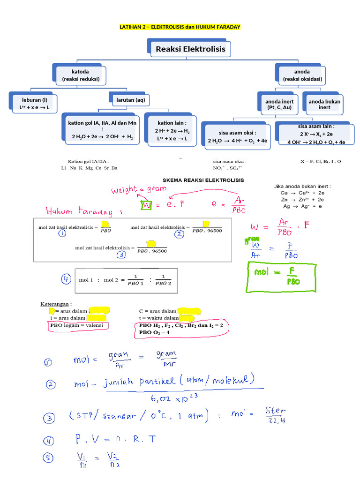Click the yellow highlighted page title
coord(180,27)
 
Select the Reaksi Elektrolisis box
coord(190,49)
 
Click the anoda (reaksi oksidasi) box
coord(302,75)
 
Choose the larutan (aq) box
coord(134,100)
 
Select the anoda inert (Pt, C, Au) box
coord(279,104)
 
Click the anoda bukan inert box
coord(324,104)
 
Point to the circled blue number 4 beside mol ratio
coord(66,279)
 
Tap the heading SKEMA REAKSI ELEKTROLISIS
coord(203,180)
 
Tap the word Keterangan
coord(56,304)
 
